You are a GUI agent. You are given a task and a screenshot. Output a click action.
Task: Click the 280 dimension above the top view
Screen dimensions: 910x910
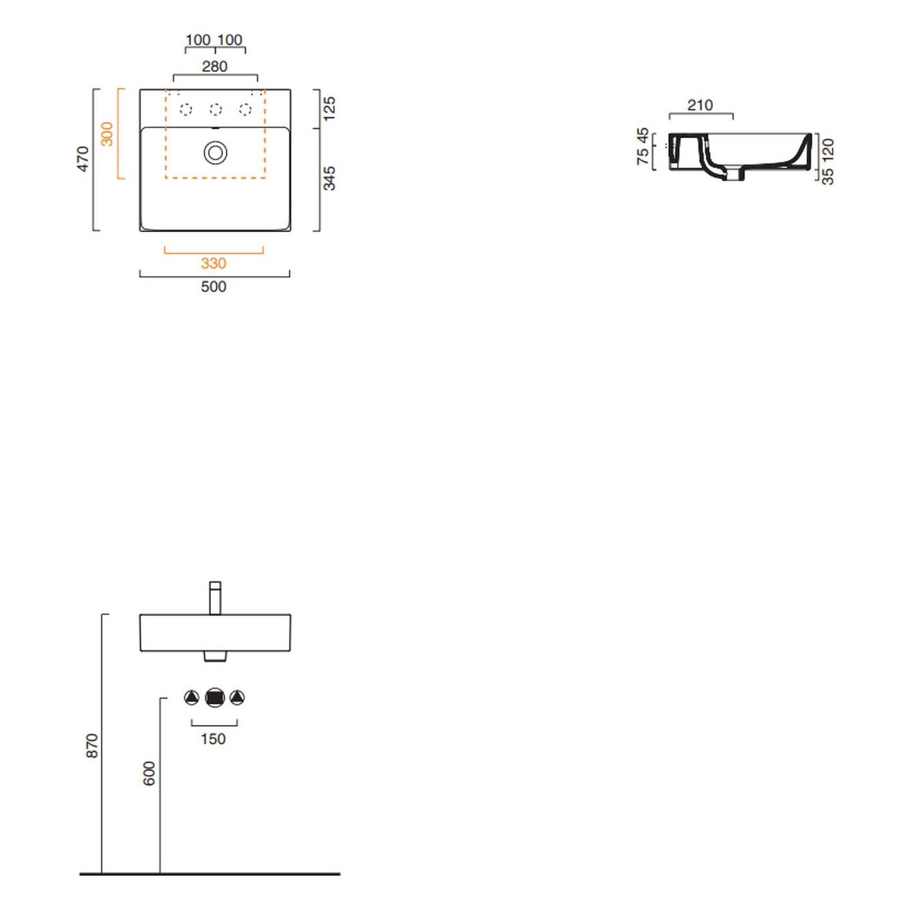215,67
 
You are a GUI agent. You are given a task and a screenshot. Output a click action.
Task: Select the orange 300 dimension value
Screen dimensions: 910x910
108,134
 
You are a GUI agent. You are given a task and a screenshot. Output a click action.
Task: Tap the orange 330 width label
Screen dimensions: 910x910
213,263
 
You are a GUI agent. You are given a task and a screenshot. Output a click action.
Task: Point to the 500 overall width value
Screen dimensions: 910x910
213,286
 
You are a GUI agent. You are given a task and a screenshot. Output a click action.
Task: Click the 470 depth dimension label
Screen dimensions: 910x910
83,159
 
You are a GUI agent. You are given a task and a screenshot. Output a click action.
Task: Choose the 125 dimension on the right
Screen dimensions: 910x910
329,108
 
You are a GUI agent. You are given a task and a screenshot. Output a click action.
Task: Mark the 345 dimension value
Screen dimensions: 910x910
329,178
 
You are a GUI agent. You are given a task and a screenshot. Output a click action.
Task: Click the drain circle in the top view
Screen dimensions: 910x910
215,153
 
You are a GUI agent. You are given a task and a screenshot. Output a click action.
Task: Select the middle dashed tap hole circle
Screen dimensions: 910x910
215,109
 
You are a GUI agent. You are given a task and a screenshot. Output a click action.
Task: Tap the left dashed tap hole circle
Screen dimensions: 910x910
186,109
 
